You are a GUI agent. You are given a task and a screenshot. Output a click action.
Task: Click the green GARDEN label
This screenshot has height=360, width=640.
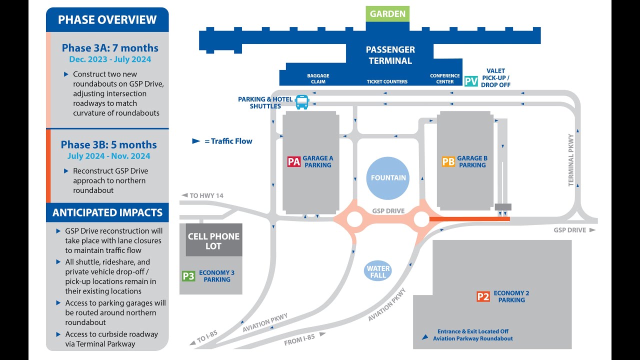[387, 14]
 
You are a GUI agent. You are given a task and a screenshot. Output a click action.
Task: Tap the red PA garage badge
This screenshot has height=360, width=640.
[294, 161]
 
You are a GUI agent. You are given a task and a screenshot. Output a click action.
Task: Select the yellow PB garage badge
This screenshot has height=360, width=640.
[448, 161]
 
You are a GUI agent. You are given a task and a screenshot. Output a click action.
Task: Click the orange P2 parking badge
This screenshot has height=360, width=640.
[483, 296]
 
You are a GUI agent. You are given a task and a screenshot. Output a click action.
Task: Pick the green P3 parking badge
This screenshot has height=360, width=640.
[188, 276]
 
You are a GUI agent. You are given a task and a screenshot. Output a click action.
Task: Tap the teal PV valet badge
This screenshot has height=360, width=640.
[471, 81]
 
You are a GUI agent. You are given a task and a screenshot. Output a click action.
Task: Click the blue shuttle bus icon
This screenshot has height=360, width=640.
[302, 102]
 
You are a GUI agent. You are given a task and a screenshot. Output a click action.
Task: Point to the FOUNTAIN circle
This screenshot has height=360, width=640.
[388, 178]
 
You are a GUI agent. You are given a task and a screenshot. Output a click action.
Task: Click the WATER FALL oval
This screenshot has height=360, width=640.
[378, 271]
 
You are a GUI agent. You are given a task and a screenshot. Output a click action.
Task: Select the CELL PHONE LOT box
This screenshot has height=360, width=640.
[213, 240]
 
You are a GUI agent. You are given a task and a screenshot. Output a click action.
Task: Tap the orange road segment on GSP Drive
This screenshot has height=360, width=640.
[469, 219]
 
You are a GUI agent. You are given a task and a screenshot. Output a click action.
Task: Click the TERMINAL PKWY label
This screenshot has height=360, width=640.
[571, 160]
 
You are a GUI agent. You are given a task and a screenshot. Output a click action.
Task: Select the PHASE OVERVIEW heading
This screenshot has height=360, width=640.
[107, 20]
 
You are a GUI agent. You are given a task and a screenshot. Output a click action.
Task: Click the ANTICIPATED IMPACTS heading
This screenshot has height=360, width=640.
[107, 212]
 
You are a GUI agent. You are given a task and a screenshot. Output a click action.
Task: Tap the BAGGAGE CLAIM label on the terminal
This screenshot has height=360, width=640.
[318, 78]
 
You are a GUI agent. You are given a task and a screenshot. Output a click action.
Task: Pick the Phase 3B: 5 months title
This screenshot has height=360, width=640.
[109, 144]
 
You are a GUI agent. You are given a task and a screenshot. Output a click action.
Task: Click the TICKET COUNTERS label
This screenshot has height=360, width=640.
[387, 81]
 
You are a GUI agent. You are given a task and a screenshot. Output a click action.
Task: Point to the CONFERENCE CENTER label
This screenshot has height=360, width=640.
[444, 78]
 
